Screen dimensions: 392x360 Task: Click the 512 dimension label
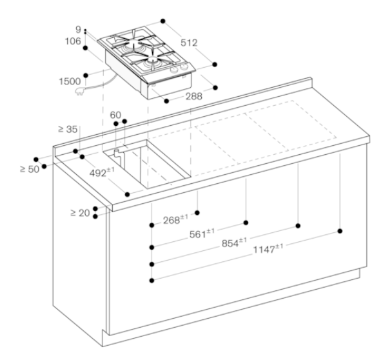click(x=189, y=43)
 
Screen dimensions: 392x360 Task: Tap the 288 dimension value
click(x=194, y=96)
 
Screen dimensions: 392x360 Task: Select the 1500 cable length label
click(x=70, y=81)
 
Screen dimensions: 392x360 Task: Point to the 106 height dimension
click(x=73, y=41)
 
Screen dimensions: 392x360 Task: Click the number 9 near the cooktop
click(x=78, y=30)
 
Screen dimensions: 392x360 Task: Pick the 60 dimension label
click(x=115, y=115)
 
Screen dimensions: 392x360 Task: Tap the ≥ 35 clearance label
click(x=68, y=129)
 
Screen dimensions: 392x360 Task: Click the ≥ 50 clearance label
click(x=30, y=169)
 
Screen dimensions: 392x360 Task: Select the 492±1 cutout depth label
click(x=102, y=172)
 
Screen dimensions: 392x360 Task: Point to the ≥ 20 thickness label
click(x=80, y=213)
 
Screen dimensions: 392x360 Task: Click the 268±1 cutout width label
click(x=175, y=219)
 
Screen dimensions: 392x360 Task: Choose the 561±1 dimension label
click(x=202, y=234)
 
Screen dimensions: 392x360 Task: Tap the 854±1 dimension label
click(x=234, y=243)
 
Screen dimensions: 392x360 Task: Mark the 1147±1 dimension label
click(x=268, y=249)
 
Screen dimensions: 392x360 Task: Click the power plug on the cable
click(x=79, y=92)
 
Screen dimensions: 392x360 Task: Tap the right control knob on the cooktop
click(x=184, y=66)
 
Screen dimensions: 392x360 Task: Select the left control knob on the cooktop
click(x=173, y=70)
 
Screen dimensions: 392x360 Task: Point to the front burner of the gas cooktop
click(x=153, y=60)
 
